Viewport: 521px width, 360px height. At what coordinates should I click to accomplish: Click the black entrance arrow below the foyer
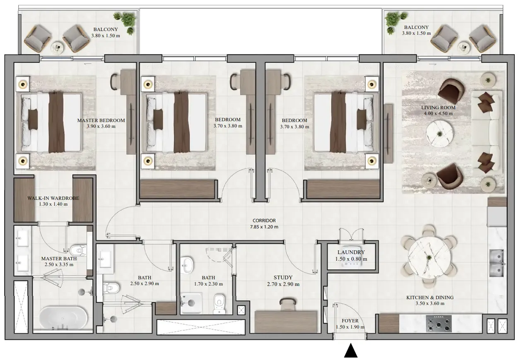coord(351,351)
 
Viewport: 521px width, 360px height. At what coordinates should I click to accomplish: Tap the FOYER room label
coord(350,321)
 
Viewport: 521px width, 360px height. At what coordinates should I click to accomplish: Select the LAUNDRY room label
coord(351,252)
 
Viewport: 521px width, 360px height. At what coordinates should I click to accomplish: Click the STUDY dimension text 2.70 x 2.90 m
coord(283,284)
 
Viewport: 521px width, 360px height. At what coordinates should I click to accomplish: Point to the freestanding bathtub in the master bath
coord(63,317)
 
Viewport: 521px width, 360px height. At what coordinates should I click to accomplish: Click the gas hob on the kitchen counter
coord(439,324)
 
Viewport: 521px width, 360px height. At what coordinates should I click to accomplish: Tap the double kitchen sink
coord(497,263)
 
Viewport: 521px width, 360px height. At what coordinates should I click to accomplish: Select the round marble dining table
coord(429,257)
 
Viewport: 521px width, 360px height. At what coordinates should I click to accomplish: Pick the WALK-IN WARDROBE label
coord(53,198)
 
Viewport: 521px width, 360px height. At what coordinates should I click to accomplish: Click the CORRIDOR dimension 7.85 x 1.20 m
coord(264,227)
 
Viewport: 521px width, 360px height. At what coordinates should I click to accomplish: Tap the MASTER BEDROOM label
coord(101,120)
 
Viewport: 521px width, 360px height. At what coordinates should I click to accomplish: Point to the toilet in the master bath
coord(78,250)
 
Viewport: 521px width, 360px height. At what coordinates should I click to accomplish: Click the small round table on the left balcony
coord(57,48)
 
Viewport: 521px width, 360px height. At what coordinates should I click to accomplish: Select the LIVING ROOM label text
coord(438,108)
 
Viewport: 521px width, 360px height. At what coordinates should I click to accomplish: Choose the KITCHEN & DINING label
coord(430,298)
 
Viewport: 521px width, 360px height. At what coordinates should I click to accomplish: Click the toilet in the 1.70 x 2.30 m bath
coord(219,304)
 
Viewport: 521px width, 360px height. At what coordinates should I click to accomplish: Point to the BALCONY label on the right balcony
coord(416,27)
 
